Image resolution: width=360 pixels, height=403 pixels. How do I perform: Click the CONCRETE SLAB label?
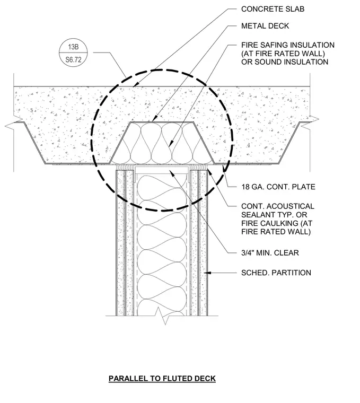pos(273,9)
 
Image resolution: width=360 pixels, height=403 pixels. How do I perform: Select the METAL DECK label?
pos(265,26)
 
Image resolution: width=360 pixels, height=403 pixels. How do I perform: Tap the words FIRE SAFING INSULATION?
pos(288,45)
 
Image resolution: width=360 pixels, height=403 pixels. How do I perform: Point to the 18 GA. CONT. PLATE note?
pos(278,187)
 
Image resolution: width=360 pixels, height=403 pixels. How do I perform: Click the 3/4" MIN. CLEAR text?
pos(270,253)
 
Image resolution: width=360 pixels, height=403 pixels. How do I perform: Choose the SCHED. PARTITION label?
pos(276,273)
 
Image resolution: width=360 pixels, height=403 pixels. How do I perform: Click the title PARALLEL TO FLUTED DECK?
pos(162,379)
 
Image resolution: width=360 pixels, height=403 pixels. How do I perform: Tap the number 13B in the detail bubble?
pos(73,47)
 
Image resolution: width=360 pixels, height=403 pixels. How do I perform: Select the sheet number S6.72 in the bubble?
pos(73,59)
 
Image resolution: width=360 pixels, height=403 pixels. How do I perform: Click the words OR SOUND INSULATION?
pos(285,62)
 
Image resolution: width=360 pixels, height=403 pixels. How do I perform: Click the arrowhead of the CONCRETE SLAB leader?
pos(136,84)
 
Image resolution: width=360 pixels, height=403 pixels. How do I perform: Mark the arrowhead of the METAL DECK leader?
pos(154,119)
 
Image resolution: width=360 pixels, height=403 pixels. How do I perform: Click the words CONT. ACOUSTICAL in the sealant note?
pos(277,206)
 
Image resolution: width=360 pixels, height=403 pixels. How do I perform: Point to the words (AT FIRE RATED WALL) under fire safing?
pos(283,54)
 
